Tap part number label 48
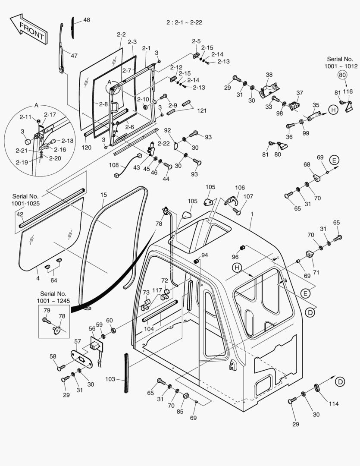click(x=87, y=20)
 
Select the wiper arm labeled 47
click(x=63, y=50)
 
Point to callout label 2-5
click(x=196, y=41)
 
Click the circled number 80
click(x=342, y=75)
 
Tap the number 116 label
click(x=347, y=91)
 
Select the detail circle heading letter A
click(x=36, y=105)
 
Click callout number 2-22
click(x=164, y=143)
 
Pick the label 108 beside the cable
click(x=114, y=165)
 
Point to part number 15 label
click(x=103, y=195)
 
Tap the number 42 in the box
click(x=20, y=214)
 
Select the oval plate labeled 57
click(x=82, y=359)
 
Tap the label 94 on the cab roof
click(x=204, y=255)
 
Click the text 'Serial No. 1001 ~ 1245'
click(x=53, y=297)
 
